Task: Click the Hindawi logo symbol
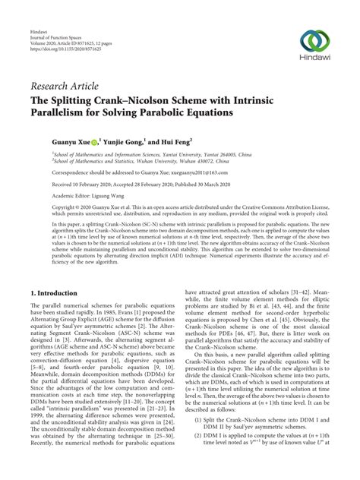click(x=312, y=41)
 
